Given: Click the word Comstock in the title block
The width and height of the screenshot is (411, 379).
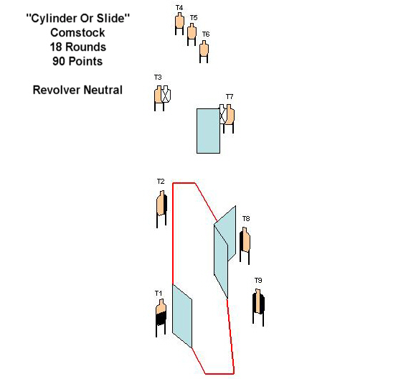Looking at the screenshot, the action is coord(77,33).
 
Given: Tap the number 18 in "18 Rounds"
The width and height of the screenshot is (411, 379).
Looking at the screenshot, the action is coord(56,47).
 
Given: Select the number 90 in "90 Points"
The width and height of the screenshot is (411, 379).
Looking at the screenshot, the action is coord(59,61).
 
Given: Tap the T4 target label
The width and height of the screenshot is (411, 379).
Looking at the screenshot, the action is coord(179,8).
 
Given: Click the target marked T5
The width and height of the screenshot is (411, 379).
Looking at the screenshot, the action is coord(192,34).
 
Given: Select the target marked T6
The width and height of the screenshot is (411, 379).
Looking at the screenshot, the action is coord(204,52).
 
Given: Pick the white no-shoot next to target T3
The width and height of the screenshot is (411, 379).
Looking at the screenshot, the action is coord(166,94).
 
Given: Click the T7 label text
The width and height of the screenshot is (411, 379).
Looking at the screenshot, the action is coord(230,97).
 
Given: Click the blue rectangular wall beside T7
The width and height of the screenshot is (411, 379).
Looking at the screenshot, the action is coord(209,131).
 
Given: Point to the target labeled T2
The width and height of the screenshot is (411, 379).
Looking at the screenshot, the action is coord(161,209).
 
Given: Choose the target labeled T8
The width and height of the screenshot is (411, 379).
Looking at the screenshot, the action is coord(245,245).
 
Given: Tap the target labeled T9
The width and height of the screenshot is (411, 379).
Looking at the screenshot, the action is coord(258,307).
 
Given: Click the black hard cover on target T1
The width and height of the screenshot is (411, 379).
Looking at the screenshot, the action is coord(161,319).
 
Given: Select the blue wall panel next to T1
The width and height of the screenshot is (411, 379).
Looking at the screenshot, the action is coord(182,317).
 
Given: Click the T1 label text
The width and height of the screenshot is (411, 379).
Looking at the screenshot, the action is coord(159,294).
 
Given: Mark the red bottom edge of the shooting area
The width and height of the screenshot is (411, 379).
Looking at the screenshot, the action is coord(219,373).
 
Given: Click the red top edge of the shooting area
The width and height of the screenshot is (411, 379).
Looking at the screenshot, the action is coord(184,183).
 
